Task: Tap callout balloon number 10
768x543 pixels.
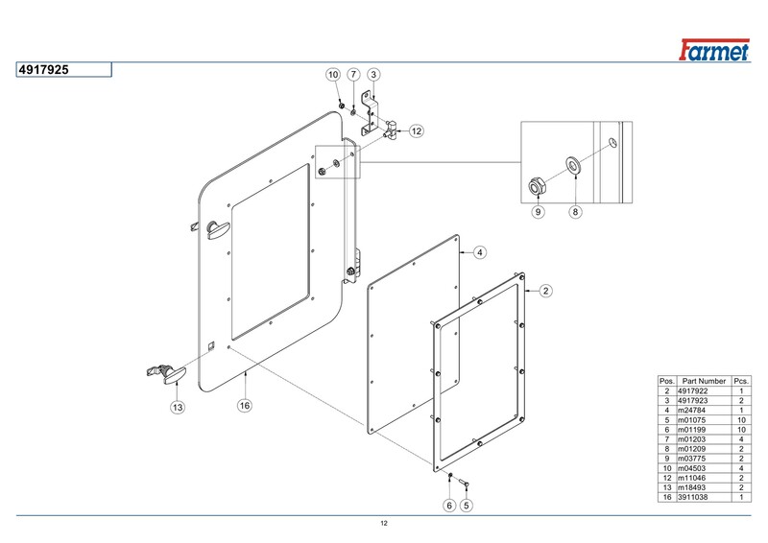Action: tap(333, 74)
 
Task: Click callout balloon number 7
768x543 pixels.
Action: tap(353, 74)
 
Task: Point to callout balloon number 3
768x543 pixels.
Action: tap(373, 74)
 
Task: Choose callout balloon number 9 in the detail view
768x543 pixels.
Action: tap(538, 212)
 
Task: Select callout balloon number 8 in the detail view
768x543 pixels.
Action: tap(575, 212)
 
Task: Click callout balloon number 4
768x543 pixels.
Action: tap(479, 252)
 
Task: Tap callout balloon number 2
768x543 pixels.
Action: tap(544, 290)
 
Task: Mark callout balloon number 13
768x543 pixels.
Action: tap(177, 407)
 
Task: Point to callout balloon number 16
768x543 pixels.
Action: tap(245, 406)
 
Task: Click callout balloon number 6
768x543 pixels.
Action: tap(447, 505)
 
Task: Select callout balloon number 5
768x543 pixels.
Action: tap(468, 505)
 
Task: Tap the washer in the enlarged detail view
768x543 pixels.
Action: tap(573, 163)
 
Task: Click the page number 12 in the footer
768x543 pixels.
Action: tap(384, 523)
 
